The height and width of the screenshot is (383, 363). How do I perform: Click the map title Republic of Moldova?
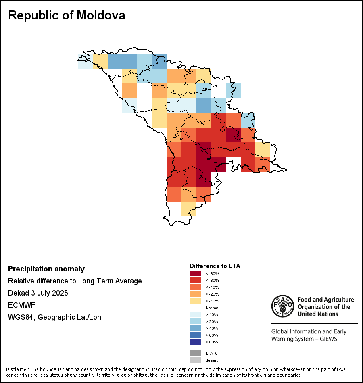pyautogui.click(x=67, y=15)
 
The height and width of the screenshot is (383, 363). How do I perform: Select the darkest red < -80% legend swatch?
pyautogui.click(x=195, y=273)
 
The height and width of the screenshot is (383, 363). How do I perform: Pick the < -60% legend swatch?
pyautogui.click(x=195, y=280)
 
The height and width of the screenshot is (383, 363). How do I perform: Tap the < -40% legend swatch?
pyautogui.click(x=195, y=287)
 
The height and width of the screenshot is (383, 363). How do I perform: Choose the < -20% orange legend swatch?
pyautogui.click(x=195, y=294)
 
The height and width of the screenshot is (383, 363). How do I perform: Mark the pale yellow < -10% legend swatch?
pyautogui.click(x=195, y=301)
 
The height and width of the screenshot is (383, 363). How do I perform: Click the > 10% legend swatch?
pyautogui.click(x=195, y=314)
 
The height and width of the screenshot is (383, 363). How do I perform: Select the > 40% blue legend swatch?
pyautogui.click(x=195, y=328)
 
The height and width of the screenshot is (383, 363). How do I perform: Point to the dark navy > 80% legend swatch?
pyautogui.click(x=195, y=342)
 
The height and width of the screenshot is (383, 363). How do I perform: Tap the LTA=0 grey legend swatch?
pyautogui.click(x=195, y=353)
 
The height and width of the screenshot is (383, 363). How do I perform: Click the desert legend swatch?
pyautogui.click(x=195, y=360)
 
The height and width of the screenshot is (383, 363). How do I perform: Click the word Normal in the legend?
pyautogui.click(x=212, y=308)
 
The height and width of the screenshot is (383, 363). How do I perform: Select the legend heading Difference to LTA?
pyautogui.click(x=215, y=266)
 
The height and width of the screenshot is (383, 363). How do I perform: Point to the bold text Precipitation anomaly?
pyautogui.click(x=46, y=269)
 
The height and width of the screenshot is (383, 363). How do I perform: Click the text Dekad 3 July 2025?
pyautogui.click(x=38, y=293)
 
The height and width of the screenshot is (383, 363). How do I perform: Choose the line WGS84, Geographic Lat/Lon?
pyautogui.click(x=54, y=317)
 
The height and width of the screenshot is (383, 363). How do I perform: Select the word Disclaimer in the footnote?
pyautogui.click(x=17, y=369)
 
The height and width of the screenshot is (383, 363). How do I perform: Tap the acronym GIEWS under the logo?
pyautogui.click(x=327, y=339)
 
